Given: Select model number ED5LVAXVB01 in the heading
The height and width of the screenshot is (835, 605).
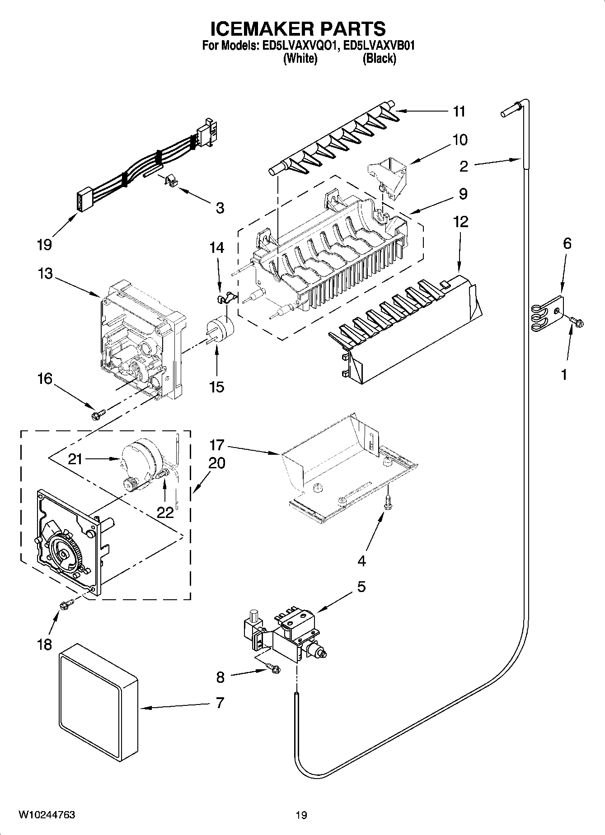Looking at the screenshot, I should pyautogui.click(x=379, y=46).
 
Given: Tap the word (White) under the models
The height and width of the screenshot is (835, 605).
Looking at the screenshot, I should pyautogui.click(x=300, y=58).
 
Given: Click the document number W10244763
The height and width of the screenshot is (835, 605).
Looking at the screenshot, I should pyautogui.click(x=47, y=814).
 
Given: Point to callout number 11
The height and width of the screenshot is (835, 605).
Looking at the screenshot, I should pyautogui.click(x=459, y=111).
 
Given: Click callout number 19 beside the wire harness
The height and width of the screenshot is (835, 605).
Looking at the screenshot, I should pyautogui.click(x=45, y=245).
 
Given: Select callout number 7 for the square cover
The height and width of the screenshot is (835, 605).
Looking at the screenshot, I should pyautogui.click(x=220, y=703).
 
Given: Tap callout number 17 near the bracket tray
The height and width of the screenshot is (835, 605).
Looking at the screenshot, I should pyautogui.click(x=217, y=445).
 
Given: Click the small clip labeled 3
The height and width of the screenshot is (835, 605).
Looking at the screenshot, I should pyautogui.click(x=170, y=180).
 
